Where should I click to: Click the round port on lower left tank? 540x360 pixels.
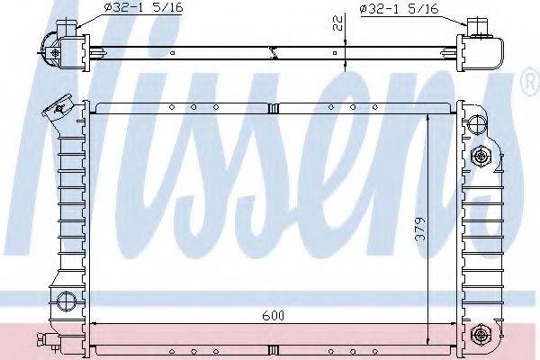tap(63, 301)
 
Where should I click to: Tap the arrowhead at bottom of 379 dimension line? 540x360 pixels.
tap(430, 343)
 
